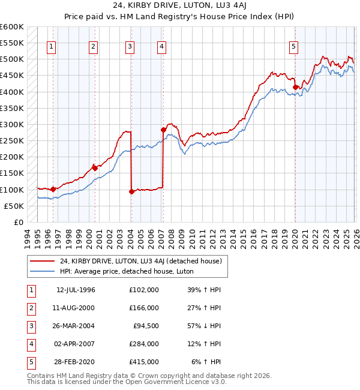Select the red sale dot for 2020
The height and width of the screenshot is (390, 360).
[x=295, y=87]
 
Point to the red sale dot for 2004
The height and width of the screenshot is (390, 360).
[x=131, y=191]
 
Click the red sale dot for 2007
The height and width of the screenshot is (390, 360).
[x=163, y=130]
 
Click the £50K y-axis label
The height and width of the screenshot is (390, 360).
[x=13, y=206]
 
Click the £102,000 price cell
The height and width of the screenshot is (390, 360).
[x=144, y=290]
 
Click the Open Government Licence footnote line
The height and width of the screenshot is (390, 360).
[x=118, y=382]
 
